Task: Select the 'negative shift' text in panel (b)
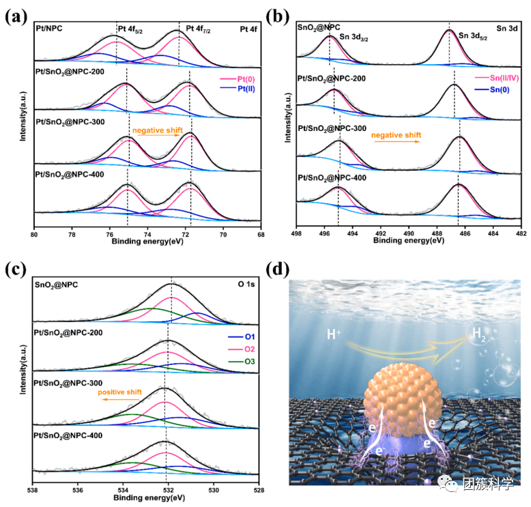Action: [396, 135]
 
